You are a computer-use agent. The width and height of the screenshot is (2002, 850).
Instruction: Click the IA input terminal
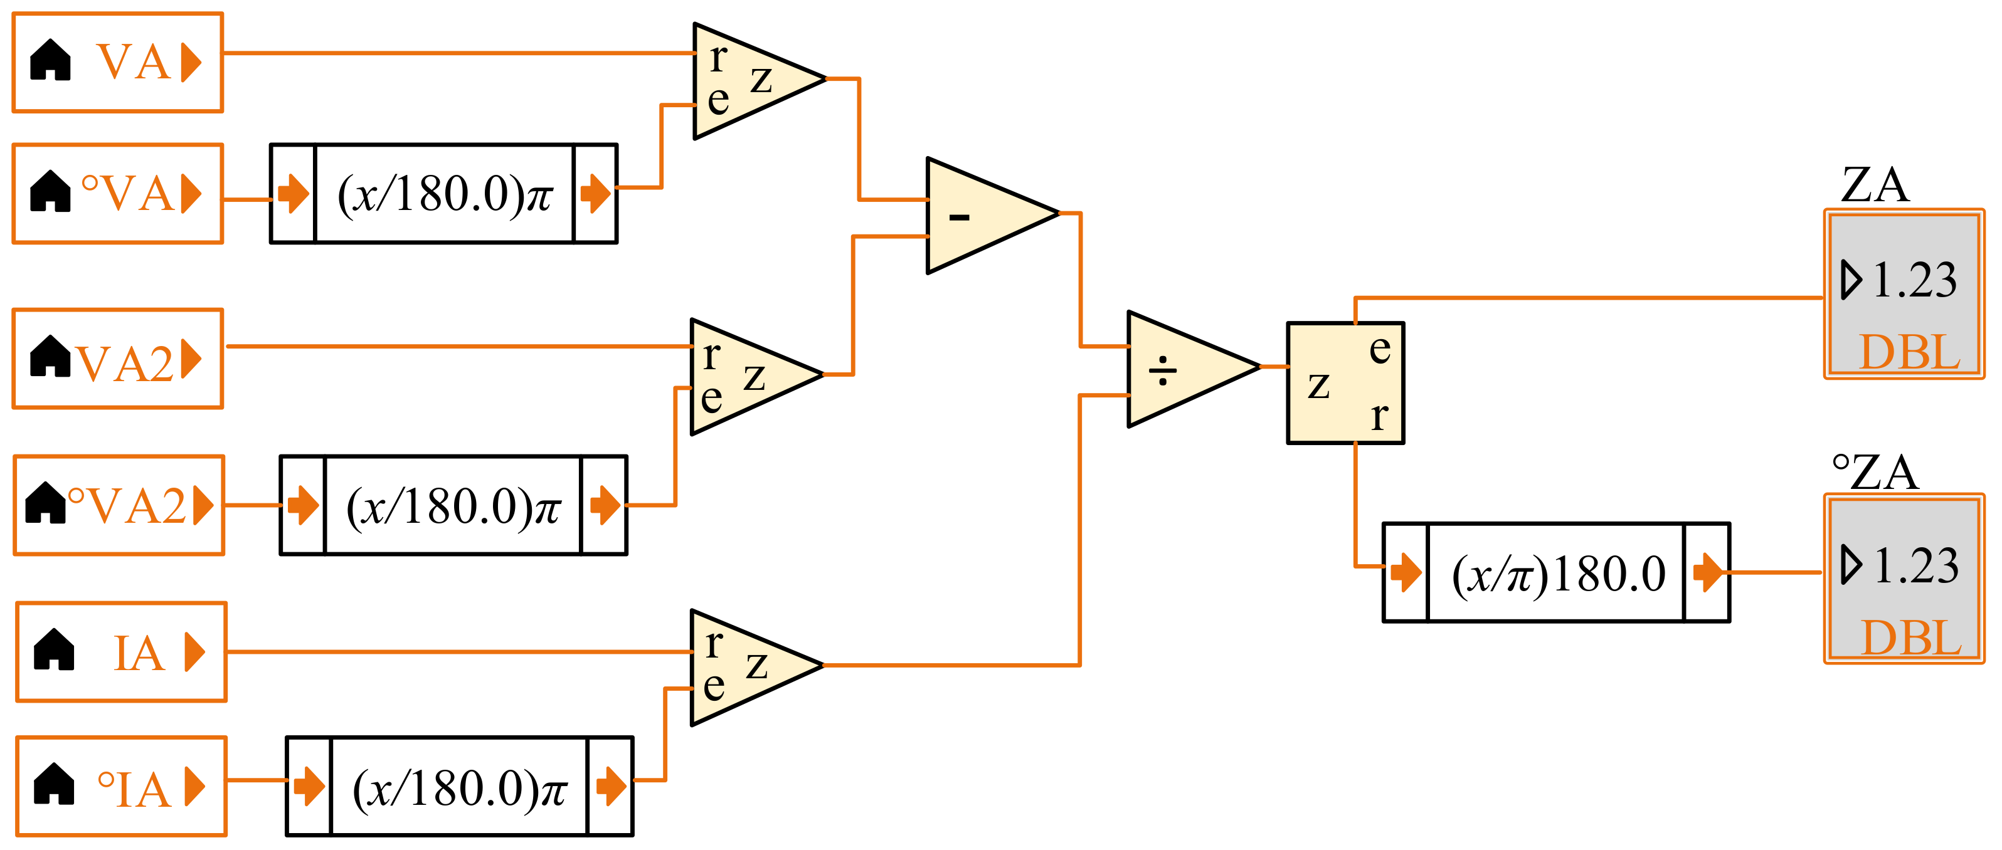coord(121,652)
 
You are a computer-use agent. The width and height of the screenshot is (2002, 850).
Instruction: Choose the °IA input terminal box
coord(121,786)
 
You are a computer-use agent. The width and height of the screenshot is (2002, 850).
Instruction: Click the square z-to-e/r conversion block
coord(1345,383)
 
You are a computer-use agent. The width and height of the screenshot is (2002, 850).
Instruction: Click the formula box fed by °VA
coord(444,194)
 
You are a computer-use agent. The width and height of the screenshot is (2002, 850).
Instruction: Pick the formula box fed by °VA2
coord(453,505)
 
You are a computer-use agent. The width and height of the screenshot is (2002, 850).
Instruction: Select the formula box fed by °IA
coord(459,786)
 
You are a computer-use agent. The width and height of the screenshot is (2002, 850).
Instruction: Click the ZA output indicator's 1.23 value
coord(1914,280)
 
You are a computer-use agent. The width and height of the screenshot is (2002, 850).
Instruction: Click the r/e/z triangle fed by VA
coord(746,80)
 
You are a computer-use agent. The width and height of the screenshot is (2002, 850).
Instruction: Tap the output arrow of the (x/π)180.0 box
coord(1707,573)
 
